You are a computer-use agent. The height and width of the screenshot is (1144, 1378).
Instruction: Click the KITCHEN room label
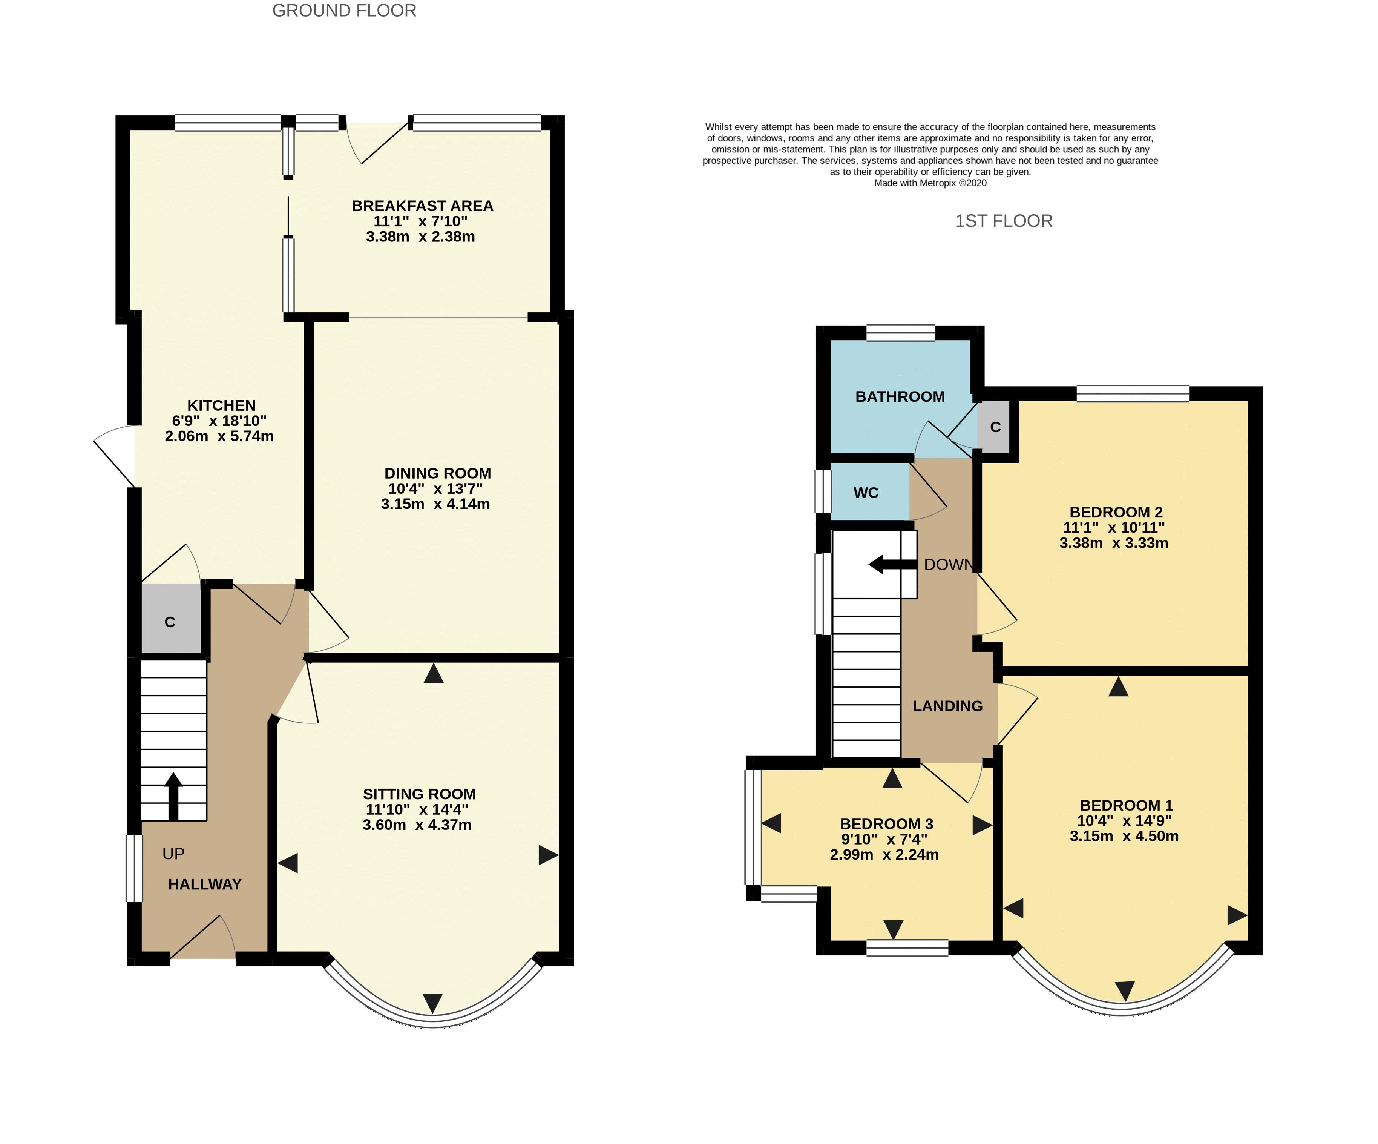[x=221, y=405]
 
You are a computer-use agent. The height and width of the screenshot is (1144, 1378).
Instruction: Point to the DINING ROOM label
[x=438, y=473]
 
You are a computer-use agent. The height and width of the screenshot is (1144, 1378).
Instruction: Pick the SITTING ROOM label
[x=419, y=794]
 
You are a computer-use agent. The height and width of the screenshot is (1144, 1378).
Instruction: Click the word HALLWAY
[x=205, y=884]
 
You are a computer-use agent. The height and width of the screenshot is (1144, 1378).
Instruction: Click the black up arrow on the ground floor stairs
[x=173, y=797]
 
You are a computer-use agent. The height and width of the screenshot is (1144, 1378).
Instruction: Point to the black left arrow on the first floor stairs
[x=892, y=564]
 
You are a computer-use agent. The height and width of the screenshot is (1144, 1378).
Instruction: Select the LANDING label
[x=947, y=706]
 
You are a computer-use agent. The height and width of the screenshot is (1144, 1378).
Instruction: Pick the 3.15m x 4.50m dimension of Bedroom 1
[x=1124, y=836]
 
